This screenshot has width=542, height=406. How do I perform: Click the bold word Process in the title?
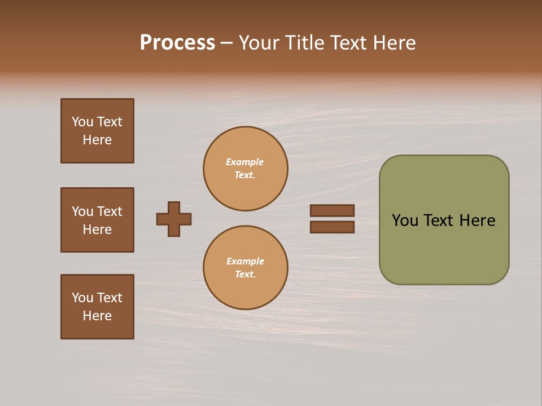[x=177, y=43]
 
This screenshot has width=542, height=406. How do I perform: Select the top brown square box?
[x=97, y=131]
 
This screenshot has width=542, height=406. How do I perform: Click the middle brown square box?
[x=97, y=220]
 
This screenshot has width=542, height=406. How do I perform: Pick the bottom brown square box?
[x=97, y=307]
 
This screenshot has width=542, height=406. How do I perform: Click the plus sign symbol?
[x=174, y=219]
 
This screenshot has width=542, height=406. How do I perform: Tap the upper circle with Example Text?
[x=246, y=169]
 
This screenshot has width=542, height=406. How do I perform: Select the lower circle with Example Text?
[x=246, y=268]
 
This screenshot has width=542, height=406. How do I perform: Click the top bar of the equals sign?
[x=332, y=211]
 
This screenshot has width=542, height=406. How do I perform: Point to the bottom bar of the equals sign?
[x=332, y=227]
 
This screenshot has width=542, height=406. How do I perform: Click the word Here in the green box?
[x=477, y=220]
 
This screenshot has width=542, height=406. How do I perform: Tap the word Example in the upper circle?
[x=244, y=162]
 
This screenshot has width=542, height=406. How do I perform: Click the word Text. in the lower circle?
[x=245, y=275]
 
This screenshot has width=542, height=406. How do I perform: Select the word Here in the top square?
[x=97, y=140]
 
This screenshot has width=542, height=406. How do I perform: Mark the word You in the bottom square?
[x=82, y=298]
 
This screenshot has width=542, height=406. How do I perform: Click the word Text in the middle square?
[x=110, y=211]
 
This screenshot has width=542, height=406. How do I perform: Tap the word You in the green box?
[x=405, y=220]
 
